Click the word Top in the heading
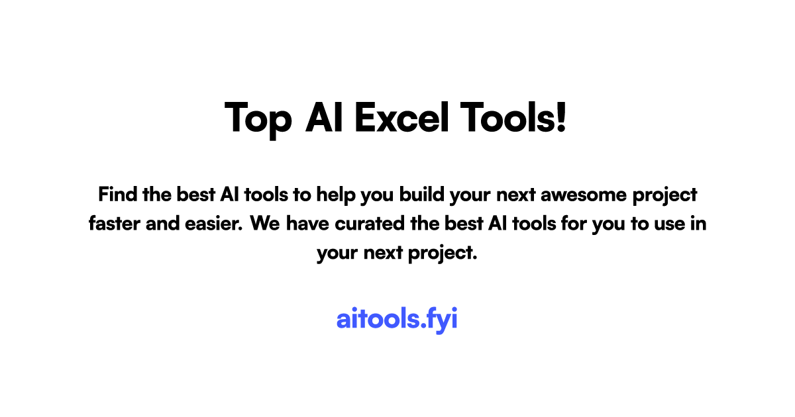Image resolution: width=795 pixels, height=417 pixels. [x=258, y=118]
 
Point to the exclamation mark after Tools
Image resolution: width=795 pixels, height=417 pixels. [x=562, y=117]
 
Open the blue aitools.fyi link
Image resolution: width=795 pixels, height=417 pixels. [x=397, y=319]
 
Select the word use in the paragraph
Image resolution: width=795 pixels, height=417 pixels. [x=670, y=224]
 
